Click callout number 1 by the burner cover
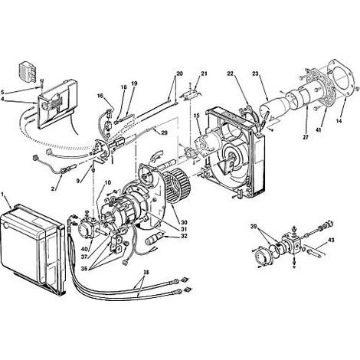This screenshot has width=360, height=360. (x=3, y=195)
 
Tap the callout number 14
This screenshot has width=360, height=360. (x=339, y=121)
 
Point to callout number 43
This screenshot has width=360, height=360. (x=330, y=240)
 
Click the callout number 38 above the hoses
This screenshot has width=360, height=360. (x=146, y=273)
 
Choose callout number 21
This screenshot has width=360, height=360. (x=204, y=74)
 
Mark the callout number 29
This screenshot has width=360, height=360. (x=165, y=133)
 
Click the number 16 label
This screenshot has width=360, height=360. (x=100, y=96)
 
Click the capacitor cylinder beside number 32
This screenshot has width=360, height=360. (x=153, y=238)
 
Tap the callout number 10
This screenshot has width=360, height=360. (x=108, y=182)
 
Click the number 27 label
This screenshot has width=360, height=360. (x=306, y=137)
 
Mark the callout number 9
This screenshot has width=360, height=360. (x=78, y=181)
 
